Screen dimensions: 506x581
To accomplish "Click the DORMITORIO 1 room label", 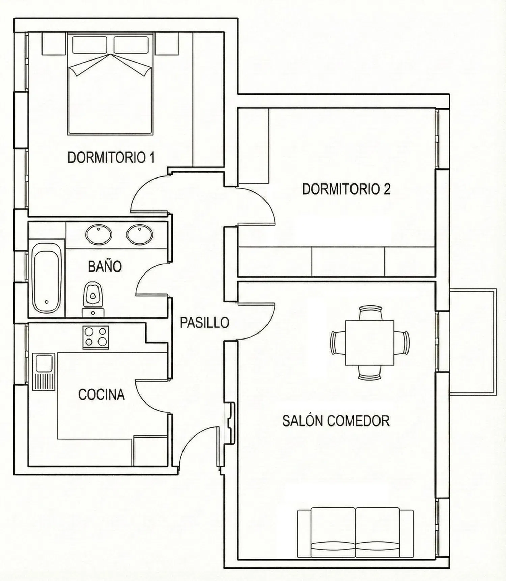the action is [111, 157].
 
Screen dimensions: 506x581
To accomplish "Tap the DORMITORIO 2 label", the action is [346, 189].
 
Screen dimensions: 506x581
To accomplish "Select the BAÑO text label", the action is [105, 266].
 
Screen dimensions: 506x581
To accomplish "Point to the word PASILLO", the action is [204, 323].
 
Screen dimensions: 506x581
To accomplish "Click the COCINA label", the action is [102, 394].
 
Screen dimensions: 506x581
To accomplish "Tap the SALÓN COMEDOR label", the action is [336, 421].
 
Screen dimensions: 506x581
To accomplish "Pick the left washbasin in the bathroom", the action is [99, 234].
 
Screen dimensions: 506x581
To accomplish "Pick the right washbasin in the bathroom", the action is [140, 234].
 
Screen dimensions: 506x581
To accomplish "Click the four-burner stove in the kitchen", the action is [96, 337].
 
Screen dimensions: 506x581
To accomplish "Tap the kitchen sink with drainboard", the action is [44, 372].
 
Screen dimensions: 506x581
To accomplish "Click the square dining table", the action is [370, 343].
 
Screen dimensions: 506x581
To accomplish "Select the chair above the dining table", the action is [370, 313].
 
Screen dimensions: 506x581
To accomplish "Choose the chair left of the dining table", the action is [338, 343].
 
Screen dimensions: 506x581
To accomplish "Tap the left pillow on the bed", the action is [89, 44].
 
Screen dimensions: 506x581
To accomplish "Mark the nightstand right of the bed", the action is [166, 43].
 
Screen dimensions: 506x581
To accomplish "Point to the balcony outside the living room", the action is [473, 341].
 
